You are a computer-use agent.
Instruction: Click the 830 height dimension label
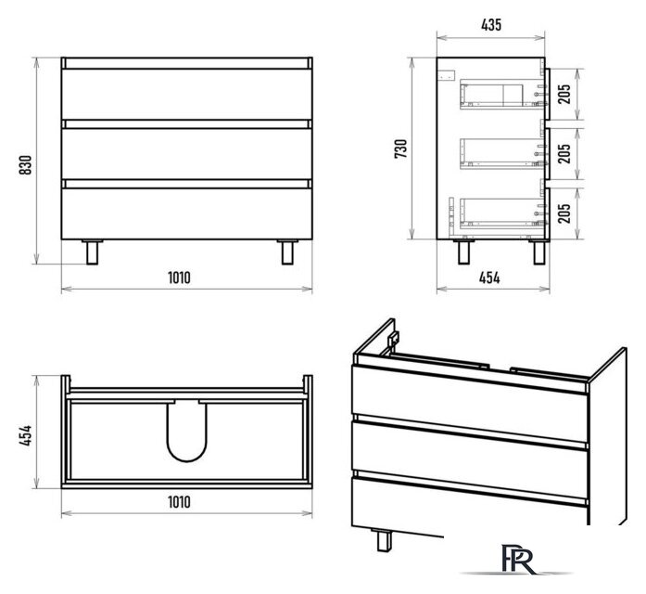(26, 164)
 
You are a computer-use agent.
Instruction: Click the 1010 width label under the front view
(179, 278)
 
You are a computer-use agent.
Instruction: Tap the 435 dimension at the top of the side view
(491, 25)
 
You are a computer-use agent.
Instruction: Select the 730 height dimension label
(401, 148)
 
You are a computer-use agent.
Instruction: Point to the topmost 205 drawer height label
(564, 94)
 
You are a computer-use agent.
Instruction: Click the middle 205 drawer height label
(564, 153)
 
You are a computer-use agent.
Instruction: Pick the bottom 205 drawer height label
(564, 213)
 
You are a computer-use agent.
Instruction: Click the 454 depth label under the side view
(489, 278)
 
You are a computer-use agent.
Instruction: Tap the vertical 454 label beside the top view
(26, 435)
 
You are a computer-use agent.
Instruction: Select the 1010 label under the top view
(179, 502)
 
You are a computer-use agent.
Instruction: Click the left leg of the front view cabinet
(93, 252)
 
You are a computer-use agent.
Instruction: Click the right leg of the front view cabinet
(287, 252)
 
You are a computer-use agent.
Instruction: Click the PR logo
(517, 559)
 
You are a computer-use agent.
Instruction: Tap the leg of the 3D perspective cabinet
(384, 540)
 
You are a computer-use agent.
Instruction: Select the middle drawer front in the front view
(186, 153)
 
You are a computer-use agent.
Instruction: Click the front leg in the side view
(539, 252)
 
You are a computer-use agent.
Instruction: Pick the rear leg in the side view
(463, 252)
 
